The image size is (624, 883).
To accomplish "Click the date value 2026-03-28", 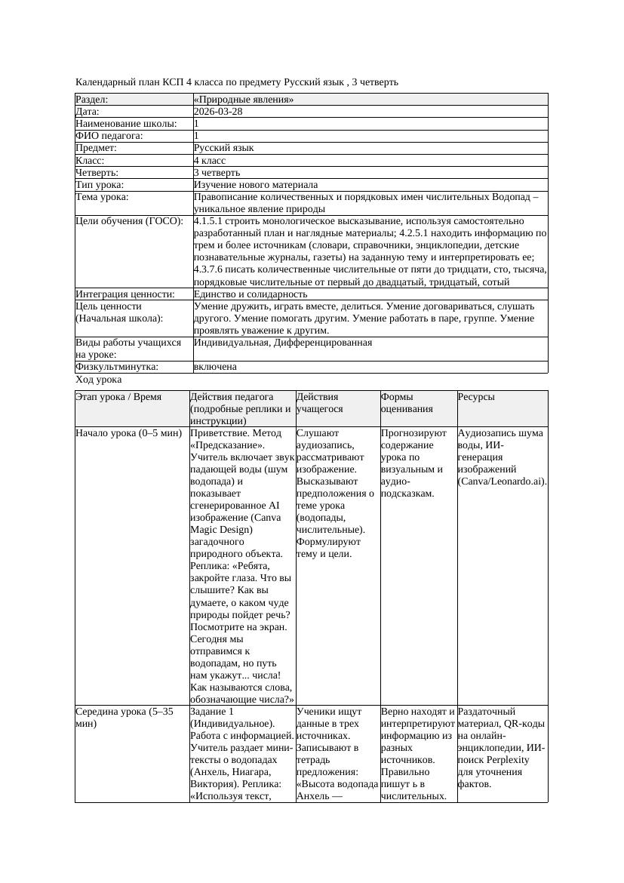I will (x=218, y=112).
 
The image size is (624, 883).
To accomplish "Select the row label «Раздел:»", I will (x=92, y=100).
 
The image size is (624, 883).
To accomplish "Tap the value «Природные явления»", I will (x=244, y=100).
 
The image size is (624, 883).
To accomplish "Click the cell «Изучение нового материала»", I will (x=256, y=185).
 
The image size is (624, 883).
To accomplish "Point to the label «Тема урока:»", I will (x=103, y=197).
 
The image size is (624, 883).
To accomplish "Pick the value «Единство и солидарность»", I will (x=251, y=294).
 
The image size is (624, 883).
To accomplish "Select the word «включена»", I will (x=215, y=367).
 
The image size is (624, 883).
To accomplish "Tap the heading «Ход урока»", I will (x=99, y=380).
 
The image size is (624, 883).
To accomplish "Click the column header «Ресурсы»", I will (x=477, y=397).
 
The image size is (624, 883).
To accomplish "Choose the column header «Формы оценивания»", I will (x=407, y=403).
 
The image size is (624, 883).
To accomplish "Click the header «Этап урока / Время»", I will (x=118, y=397).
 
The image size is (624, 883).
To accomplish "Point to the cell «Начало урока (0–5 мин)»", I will (x=129, y=434).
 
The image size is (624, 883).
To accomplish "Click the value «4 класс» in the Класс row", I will (x=210, y=161).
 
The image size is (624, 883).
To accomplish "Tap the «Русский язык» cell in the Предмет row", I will (x=224, y=149).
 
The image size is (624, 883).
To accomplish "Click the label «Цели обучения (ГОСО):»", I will (x=129, y=222).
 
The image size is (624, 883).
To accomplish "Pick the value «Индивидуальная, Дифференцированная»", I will (x=283, y=343).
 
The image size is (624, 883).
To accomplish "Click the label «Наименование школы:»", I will (x=127, y=124).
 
